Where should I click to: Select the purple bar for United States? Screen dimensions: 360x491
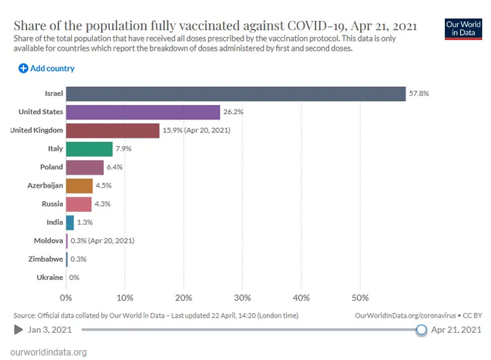coord(143,112)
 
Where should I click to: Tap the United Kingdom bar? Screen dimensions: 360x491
coord(113,131)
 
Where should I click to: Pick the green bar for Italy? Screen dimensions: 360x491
coord(89,149)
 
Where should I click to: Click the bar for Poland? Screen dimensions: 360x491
coord(85,167)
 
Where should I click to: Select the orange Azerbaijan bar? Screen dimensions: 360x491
coord(79,185)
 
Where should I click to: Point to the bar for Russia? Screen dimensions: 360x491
coord(79,204)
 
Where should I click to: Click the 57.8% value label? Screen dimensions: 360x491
coord(420,94)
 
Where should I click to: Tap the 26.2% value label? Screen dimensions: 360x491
coord(233,112)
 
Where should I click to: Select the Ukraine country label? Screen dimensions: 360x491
coord(50,278)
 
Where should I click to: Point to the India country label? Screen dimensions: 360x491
coord(54,222)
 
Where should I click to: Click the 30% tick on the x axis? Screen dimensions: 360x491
coord(242,297)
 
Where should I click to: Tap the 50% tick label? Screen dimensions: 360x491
coord(360,297)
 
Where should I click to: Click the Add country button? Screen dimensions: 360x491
coord(47,68)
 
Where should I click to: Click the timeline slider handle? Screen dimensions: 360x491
coord(422,329)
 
